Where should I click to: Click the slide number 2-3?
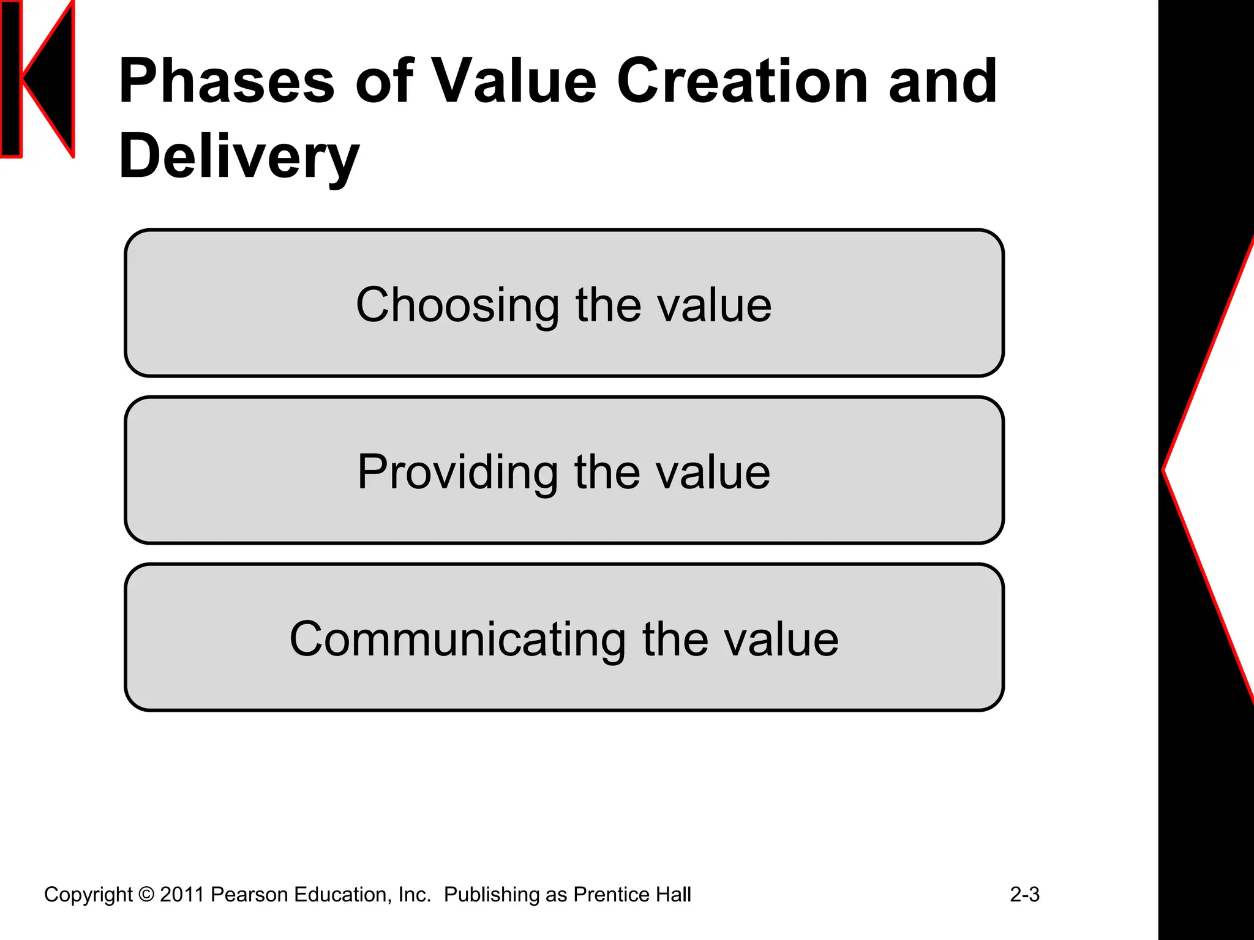[x=1024, y=894]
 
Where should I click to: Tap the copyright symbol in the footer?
[x=146, y=894]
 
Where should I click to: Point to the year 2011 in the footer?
[x=182, y=894]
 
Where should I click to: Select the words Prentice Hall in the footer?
[x=632, y=894]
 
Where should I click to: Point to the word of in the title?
[x=384, y=81]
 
